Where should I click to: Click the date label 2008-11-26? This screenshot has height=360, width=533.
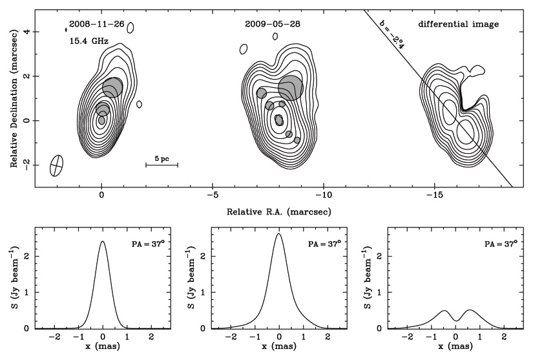[92, 25]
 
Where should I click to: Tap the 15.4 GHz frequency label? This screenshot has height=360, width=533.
[89, 41]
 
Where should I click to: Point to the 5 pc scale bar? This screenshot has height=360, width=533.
[162, 165]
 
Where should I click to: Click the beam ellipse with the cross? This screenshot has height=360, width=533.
[57, 165]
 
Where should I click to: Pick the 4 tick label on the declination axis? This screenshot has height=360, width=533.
[26, 32]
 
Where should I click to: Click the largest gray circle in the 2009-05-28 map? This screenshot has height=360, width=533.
[290, 87]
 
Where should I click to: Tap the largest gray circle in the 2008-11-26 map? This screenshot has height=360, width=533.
[112, 87]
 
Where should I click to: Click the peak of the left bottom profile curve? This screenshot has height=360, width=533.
[103, 242]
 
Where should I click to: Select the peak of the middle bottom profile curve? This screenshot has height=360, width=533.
[278, 234]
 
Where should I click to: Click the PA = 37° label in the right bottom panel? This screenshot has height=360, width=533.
[501, 244]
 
